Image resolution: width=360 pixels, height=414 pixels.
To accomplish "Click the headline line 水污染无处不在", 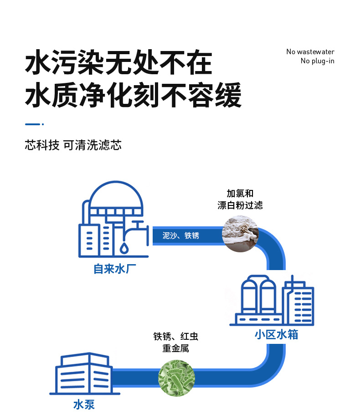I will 118,64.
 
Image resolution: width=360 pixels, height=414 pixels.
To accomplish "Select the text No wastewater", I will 310,52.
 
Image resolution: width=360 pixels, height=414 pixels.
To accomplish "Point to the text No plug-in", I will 317,61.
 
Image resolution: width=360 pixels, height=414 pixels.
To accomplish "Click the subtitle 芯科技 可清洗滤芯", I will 73,146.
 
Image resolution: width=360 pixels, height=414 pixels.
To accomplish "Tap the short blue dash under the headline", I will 33,124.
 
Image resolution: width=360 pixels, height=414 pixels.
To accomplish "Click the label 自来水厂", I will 115,269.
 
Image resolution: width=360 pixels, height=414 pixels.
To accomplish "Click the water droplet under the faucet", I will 124,249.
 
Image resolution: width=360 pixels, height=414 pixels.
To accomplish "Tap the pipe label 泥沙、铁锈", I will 181,235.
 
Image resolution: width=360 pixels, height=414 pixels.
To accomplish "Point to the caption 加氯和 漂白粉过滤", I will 240,199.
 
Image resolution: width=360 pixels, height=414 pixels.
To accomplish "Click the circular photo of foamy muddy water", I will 240,234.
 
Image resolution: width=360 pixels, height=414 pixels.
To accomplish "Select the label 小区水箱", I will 277,335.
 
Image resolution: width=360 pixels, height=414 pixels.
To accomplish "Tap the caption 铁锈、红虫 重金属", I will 176,342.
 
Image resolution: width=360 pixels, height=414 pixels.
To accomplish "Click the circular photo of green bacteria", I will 176,378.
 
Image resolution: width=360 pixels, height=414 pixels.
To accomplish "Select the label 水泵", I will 84,404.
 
